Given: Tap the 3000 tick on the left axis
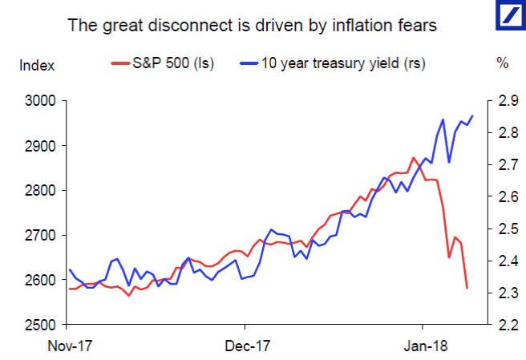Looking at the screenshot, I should click(40, 101).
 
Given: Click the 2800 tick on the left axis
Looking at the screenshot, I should click(40, 191).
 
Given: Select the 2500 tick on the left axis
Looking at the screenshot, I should click(40, 325).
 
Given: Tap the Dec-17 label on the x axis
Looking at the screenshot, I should click(245, 346).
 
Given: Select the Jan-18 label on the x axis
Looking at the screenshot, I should click(423, 346).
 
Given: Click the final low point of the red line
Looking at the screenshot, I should click(467, 288).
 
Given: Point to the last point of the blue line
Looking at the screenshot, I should click(472, 115).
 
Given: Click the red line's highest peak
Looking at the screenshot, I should click(413, 158).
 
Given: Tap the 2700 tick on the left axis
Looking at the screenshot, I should click(40, 236).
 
